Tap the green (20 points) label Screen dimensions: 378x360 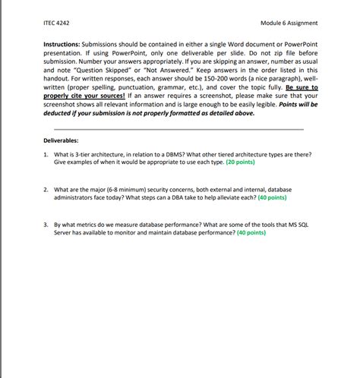coord(240,162)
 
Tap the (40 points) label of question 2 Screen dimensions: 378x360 coord(272,197)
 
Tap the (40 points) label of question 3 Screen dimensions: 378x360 coord(251,233)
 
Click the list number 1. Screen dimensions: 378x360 coord(46,154)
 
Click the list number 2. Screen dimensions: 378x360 coord(46,189)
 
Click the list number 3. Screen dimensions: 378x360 coord(46,225)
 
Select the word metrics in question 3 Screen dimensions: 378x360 coord(84,225)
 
